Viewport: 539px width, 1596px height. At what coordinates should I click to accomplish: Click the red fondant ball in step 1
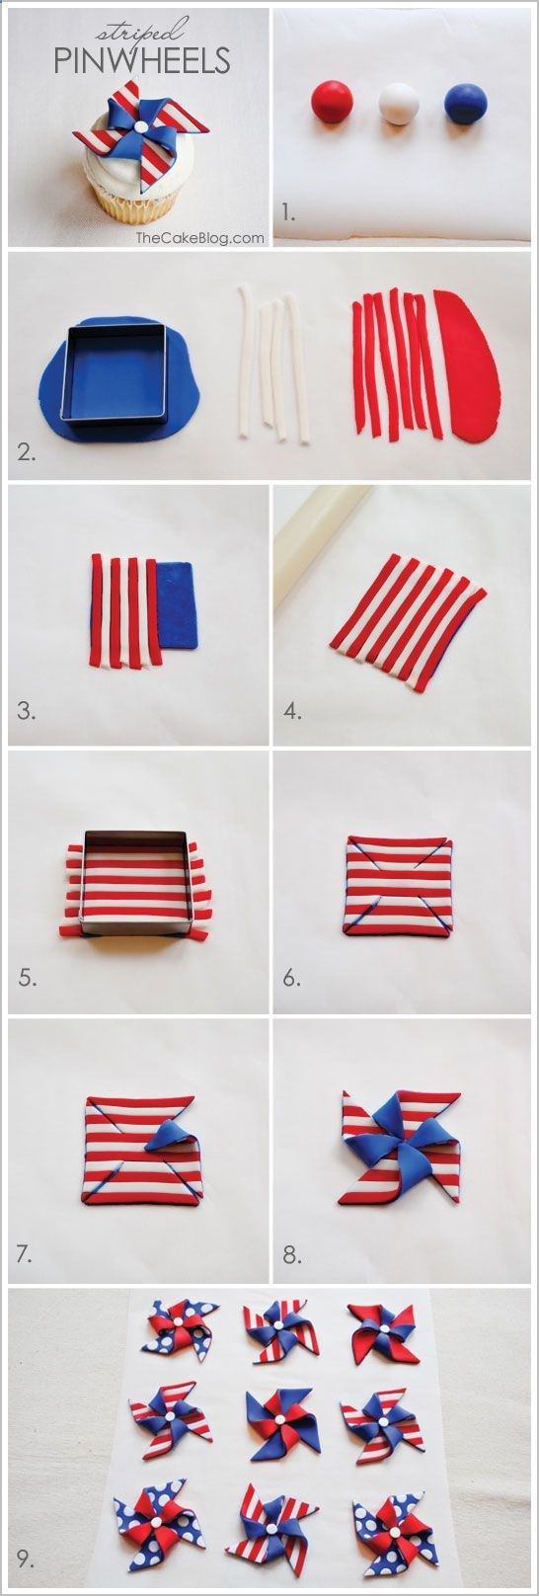coord(333,100)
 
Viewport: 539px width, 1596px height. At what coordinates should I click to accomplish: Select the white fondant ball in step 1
coord(399,105)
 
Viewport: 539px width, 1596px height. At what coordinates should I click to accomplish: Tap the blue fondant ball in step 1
coord(464,101)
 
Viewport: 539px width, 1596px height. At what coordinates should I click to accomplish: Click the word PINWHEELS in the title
coord(142,61)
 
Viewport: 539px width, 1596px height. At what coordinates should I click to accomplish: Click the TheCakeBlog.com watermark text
coord(200,238)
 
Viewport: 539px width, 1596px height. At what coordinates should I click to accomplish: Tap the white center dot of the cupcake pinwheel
coord(140,126)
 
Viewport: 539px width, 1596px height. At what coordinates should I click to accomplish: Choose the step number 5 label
coord(28,978)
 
